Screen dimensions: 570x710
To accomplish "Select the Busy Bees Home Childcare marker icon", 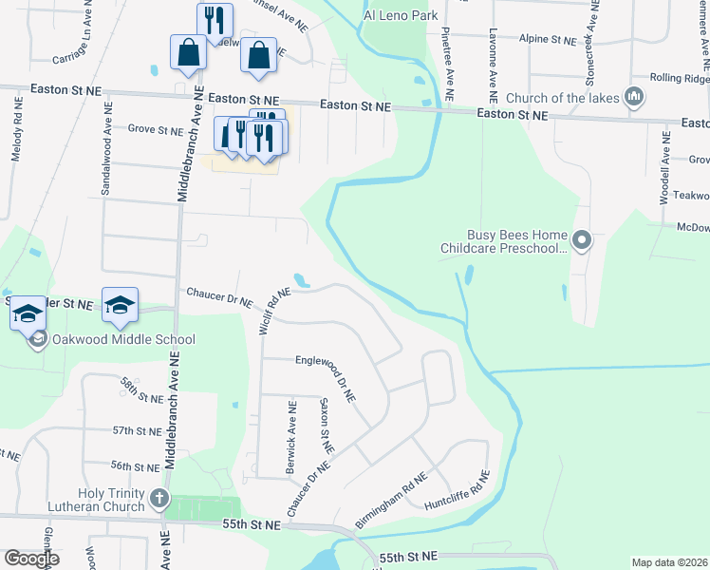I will [x=583, y=241].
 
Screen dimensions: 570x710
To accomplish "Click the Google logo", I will [x=31, y=559].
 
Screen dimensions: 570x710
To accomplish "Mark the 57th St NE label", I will [x=137, y=430].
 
